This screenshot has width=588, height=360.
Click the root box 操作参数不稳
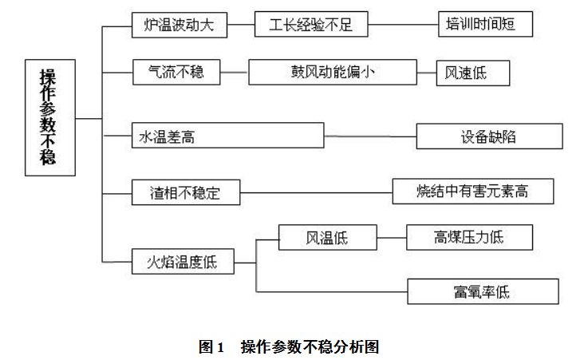point(49,117)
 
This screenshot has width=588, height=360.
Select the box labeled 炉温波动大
point(179,25)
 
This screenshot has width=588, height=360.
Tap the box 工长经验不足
point(311,25)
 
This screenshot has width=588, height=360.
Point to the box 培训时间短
point(483,25)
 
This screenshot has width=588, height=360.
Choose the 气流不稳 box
point(176,73)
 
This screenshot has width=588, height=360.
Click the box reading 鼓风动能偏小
point(333,73)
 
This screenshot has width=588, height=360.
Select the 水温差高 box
point(227,136)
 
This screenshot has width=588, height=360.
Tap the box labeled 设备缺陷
point(489,136)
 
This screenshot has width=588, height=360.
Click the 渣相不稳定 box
point(185,192)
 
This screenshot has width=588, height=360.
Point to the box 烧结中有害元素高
point(472,192)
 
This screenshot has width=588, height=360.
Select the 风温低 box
point(327,237)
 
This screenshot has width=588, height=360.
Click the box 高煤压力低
point(469,237)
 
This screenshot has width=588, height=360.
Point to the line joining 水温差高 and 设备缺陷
point(370,136)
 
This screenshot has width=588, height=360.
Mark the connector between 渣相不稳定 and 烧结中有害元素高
point(316,192)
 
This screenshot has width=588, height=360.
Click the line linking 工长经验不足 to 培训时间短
point(404,25)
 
